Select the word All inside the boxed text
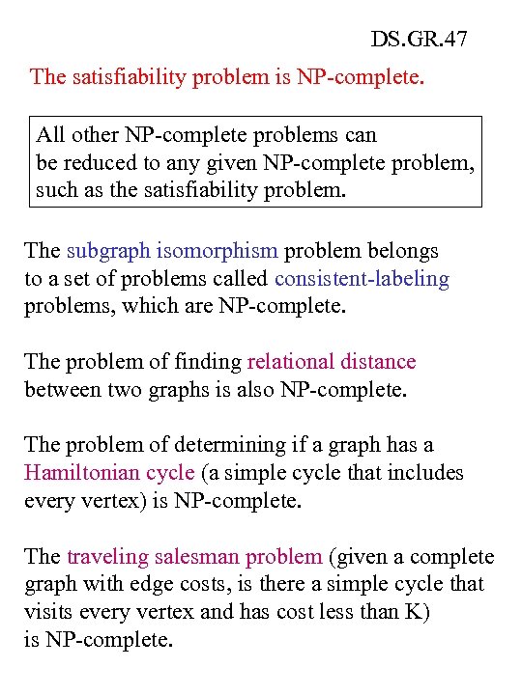pyautogui.click(x=49, y=134)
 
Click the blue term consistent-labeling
pyautogui.click(x=362, y=279)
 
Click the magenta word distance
pyautogui.click(x=377, y=362)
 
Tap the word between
pyautogui.click(x=64, y=390)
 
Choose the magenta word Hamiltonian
pyautogui.click(x=81, y=473)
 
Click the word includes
pyautogui.click(x=426, y=473)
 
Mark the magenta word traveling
pyautogui.click(x=107, y=557)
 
